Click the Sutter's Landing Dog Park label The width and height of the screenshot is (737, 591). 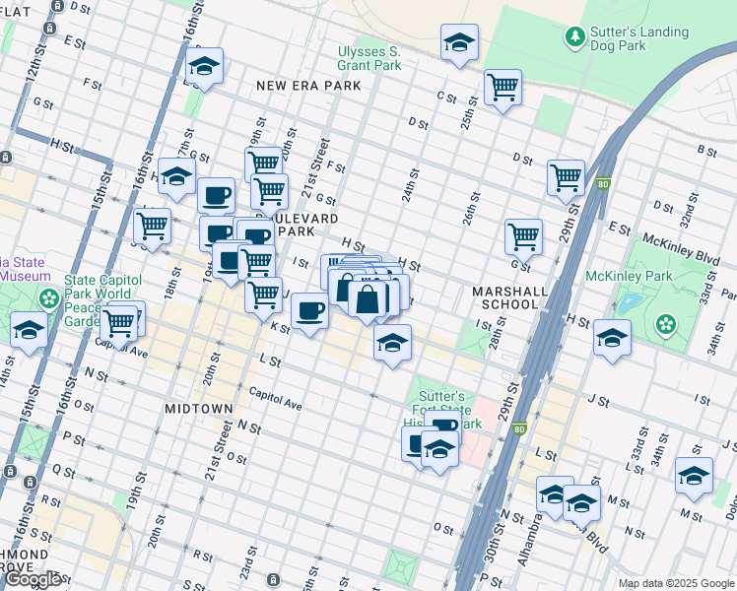(638, 38)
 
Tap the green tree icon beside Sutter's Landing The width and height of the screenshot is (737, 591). (574, 37)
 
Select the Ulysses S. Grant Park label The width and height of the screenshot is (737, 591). (369, 58)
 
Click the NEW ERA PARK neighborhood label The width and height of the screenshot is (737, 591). (308, 86)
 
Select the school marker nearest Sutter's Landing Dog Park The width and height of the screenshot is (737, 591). (459, 43)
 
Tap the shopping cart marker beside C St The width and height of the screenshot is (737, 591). (503, 89)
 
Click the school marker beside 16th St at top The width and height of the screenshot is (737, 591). (205, 67)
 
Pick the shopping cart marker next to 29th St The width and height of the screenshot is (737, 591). (567, 178)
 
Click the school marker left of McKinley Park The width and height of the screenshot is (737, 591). (612, 338)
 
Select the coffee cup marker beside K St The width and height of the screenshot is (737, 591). (310, 311)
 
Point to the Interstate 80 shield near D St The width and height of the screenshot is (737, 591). (603, 182)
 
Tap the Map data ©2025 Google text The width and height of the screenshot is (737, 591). (677, 583)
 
